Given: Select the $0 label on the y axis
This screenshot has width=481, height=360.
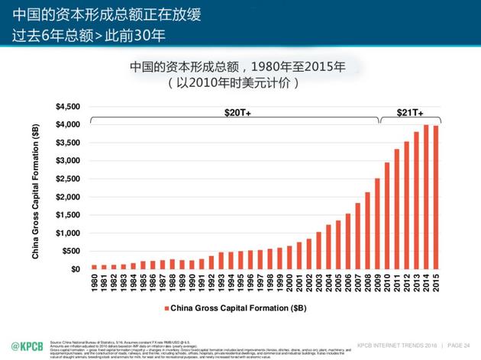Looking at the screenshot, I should (75, 269).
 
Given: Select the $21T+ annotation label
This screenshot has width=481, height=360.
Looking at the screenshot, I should (410, 112).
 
